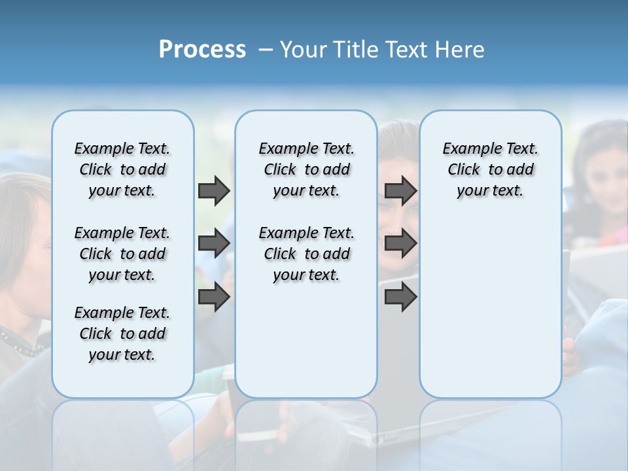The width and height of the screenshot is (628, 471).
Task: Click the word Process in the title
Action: (202, 50)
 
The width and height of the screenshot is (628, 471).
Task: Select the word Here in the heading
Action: (459, 50)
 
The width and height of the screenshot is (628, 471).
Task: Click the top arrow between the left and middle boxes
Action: (214, 191)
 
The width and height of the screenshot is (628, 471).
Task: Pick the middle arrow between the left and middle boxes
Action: (214, 244)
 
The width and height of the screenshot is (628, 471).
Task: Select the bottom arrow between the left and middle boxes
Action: (214, 297)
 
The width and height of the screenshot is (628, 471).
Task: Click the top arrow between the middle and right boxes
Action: (400, 191)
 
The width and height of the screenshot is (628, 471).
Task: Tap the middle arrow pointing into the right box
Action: (400, 244)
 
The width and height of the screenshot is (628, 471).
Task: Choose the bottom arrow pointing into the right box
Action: (400, 297)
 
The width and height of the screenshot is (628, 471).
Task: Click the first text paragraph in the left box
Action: (122, 169)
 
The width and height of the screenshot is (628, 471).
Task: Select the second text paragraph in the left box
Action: (122, 254)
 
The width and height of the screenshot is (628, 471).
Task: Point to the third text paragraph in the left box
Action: (122, 334)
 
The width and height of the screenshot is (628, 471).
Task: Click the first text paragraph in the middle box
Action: (306, 169)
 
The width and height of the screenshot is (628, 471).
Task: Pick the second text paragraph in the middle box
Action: (306, 254)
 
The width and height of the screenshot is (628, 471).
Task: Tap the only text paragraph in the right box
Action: (490, 169)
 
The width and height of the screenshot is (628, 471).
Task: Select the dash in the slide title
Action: (266, 50)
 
